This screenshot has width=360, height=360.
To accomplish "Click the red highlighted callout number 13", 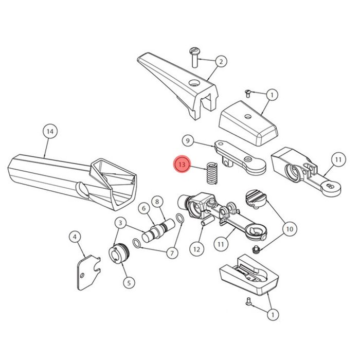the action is (182, 165).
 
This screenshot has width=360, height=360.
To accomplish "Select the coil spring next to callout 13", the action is (212, 173).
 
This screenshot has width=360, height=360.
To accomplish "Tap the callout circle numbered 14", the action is (50, 132).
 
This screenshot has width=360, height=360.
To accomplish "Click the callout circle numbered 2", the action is (221, 62).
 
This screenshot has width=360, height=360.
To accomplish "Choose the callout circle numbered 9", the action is (188, 140).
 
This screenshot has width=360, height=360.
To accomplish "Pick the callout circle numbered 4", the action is (75, 237).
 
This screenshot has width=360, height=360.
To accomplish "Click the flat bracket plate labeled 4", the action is (88, 273).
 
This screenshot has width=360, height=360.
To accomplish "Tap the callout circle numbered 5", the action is (129, 283).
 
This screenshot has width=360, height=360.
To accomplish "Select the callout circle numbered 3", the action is (121, 223).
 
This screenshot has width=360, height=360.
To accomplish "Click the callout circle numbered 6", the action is (144, 208).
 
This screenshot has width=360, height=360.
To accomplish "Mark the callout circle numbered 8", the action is (157, 202).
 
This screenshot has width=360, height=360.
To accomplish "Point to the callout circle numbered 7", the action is (172, 253).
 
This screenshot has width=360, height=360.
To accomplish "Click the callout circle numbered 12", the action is (197, 249).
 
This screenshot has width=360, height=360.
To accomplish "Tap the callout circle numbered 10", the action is (290, 229).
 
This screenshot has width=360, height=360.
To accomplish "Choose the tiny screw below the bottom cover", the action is (248, 301).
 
